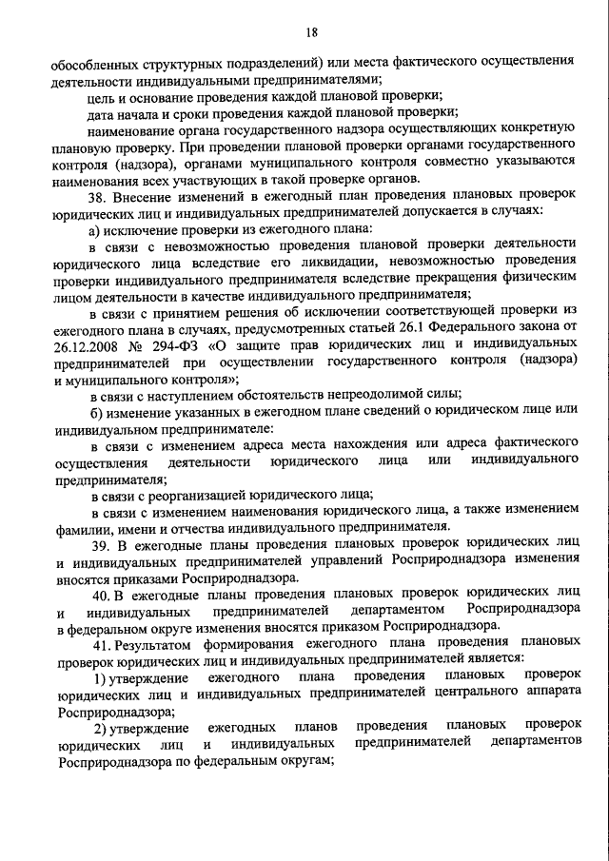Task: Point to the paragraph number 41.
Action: (x=101, y=641)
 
